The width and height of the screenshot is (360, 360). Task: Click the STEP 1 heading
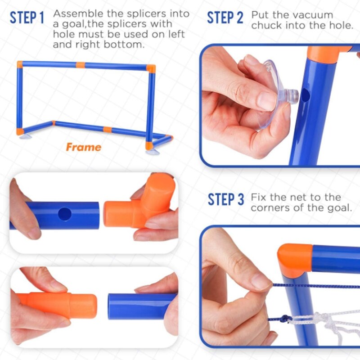(27, 18)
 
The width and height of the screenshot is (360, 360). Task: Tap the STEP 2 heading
(225, 18)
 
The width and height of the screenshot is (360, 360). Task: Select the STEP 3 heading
(226, 199)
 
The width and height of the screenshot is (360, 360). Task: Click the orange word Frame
(84, 147)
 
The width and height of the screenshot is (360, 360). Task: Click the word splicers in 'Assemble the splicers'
(147, 14)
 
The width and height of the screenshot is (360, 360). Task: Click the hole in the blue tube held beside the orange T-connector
(65, 214)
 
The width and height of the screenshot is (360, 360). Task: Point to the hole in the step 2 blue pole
(306, 95)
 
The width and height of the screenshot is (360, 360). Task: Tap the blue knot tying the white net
(285, 319)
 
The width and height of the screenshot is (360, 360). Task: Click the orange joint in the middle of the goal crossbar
(81, 65)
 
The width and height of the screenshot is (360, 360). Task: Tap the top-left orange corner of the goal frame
(20, 64)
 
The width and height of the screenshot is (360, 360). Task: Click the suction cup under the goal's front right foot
(152, 152)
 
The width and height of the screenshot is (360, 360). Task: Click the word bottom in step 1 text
(124, 44)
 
